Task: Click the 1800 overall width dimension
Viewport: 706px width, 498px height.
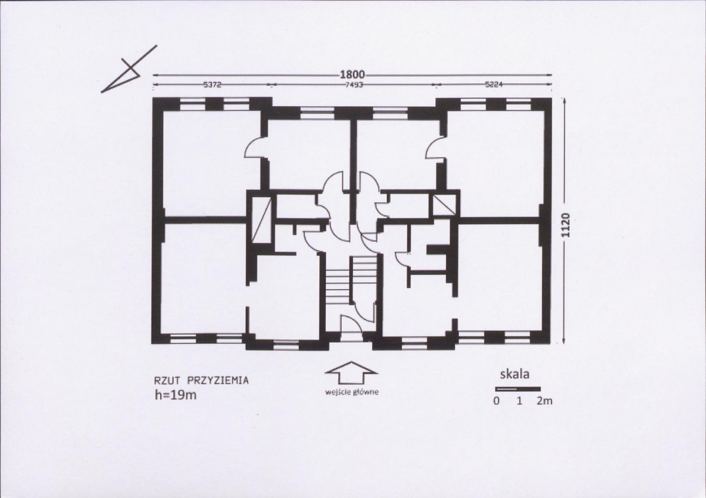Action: coord(352,74)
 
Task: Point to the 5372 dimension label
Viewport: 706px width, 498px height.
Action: coord(212,84)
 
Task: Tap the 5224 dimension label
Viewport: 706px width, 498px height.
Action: coord(494,84)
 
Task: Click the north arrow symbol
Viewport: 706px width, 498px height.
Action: coord(129,69)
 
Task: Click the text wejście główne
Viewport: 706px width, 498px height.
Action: coord(352,392)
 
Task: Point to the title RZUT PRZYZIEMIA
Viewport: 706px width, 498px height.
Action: coord(202,381)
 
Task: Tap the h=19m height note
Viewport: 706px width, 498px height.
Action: coord(176,395)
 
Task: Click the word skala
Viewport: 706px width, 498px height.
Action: coord(514,374)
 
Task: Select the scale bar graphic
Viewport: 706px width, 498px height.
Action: coord(518,389)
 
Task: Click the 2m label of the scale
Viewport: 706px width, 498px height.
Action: coord(544,401)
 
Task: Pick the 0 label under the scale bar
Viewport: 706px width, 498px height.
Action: coord(496,401)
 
